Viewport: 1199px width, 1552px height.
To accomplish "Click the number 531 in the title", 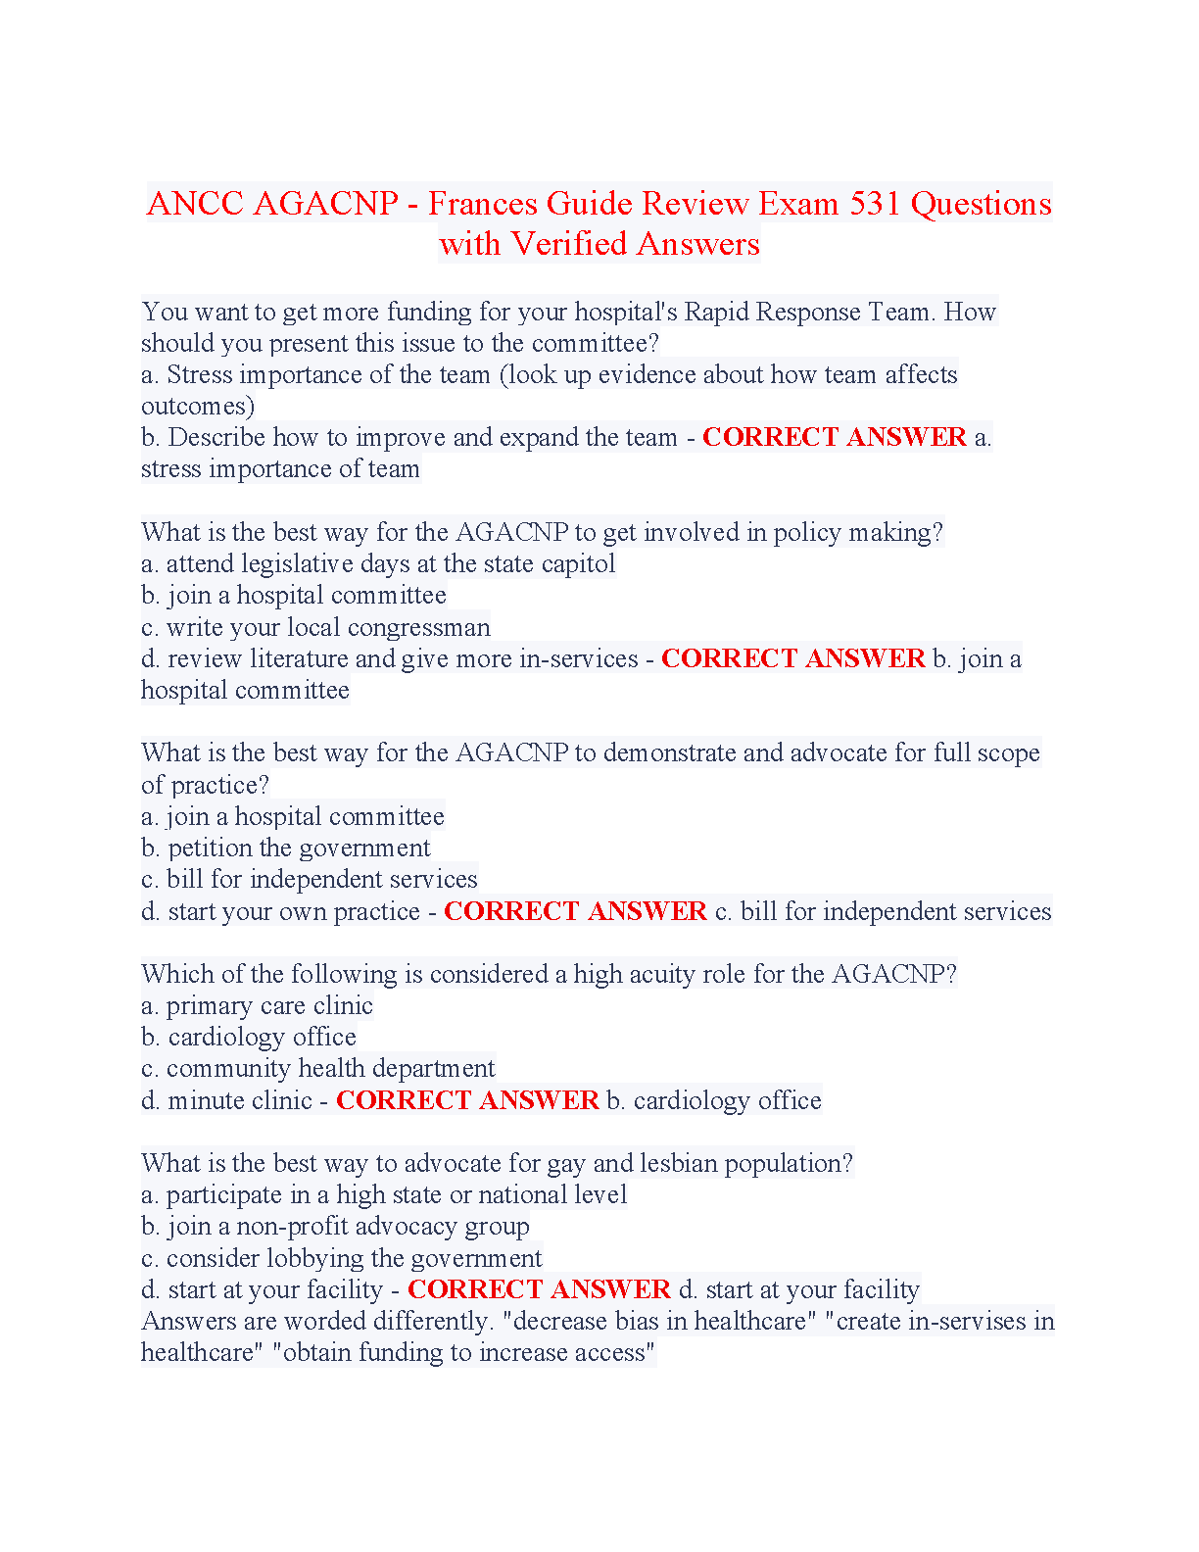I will (x=876, y=204).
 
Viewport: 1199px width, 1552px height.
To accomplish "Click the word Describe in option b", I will (x=216, y=437).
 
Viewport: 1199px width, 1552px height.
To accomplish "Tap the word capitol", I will (x=577, y=563).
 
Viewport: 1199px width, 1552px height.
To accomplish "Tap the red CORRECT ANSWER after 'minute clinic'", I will (x=467, y=1100).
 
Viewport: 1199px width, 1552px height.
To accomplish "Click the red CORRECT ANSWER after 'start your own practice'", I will (x=575, y=911).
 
